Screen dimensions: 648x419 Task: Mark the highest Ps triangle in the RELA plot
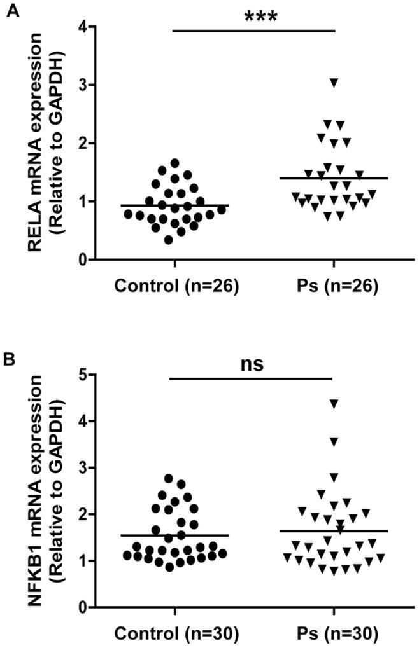(x=334, y=82)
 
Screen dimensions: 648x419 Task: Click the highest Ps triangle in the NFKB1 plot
(x=334, y=403)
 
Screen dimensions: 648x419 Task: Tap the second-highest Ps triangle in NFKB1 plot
(x=334, y=441)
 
